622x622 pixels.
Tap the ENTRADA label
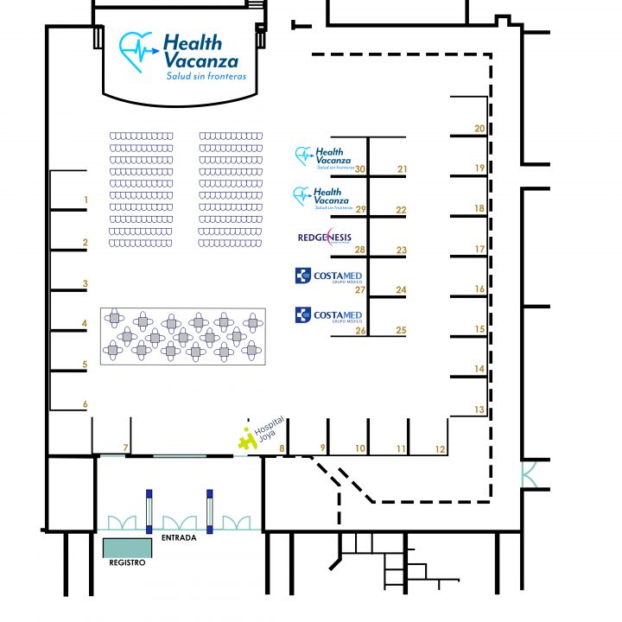[178, 538]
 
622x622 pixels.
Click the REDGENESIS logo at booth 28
[324, 236]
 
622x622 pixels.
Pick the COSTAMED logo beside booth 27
[327, 276]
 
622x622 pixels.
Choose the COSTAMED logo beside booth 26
[327, 315]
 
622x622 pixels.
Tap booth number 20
[480, 129]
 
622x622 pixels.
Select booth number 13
[480, 409]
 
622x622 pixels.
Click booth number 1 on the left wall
[86, 200]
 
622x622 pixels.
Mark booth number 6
[86, 403]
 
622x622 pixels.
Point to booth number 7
[125, 447]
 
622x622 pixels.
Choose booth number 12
[441, 448]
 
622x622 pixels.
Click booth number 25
[401, 330]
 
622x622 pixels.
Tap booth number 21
[402, 169]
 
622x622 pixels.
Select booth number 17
[480, 250]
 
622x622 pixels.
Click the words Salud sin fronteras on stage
[206, 76]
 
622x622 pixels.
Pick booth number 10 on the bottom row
[360, 448]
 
